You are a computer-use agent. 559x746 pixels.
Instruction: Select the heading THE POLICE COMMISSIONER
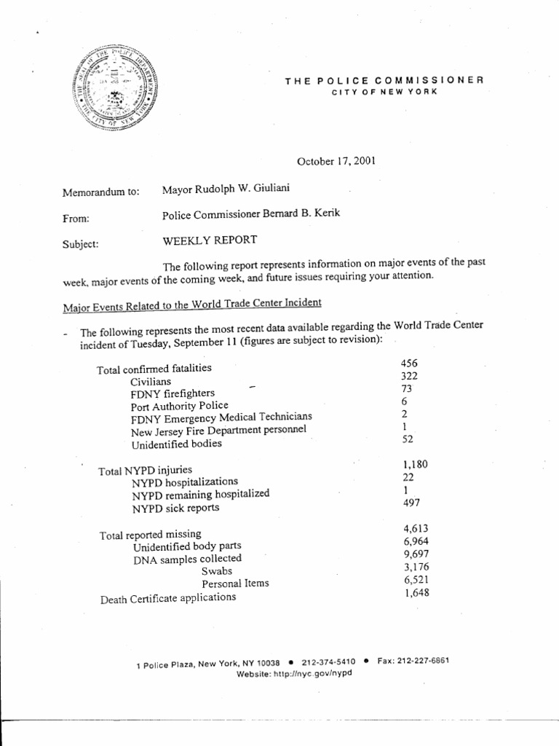pos(384,81)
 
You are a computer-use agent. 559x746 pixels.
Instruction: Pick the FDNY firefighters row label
pos(173,393)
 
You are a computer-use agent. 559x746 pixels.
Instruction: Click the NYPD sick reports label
pos(175,508)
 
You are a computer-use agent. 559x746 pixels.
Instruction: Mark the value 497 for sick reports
pos(411,503)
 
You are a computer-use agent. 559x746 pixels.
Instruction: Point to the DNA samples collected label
pos(187,559)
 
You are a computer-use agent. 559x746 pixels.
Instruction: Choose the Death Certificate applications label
pos(168,598)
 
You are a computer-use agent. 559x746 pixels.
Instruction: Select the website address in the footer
pos(294,674)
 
